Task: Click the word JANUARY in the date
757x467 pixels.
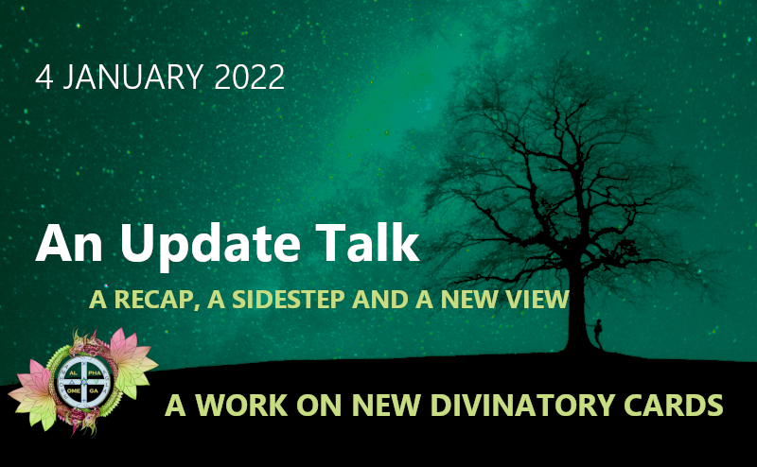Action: pos(132,77)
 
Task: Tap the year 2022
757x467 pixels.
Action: pos(249,77)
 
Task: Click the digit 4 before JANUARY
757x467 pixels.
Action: pos(44,78)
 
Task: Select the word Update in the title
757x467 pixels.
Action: pos(210,244)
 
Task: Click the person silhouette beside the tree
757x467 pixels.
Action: pos(598,334)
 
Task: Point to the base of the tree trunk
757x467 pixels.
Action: pos(578,348)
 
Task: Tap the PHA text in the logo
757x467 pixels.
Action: pos(95,373)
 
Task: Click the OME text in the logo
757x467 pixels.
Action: pos(74,390)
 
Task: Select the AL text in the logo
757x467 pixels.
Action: pos(74,373)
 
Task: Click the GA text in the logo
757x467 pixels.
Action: pos(94,390)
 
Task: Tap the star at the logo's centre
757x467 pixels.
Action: pos(84,382)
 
